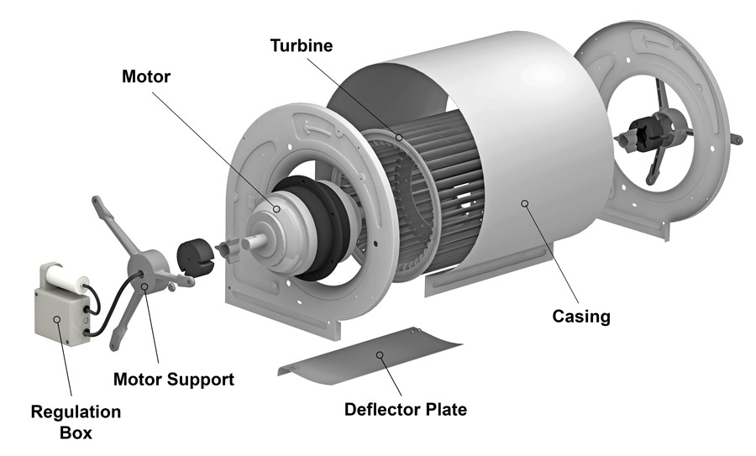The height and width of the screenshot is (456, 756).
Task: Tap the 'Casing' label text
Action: pos(580,317)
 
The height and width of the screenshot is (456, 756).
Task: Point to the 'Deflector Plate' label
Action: pos(406,410)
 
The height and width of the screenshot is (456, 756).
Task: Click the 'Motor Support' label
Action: pos(174,379)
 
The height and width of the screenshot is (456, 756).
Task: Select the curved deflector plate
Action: pos(370,357)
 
